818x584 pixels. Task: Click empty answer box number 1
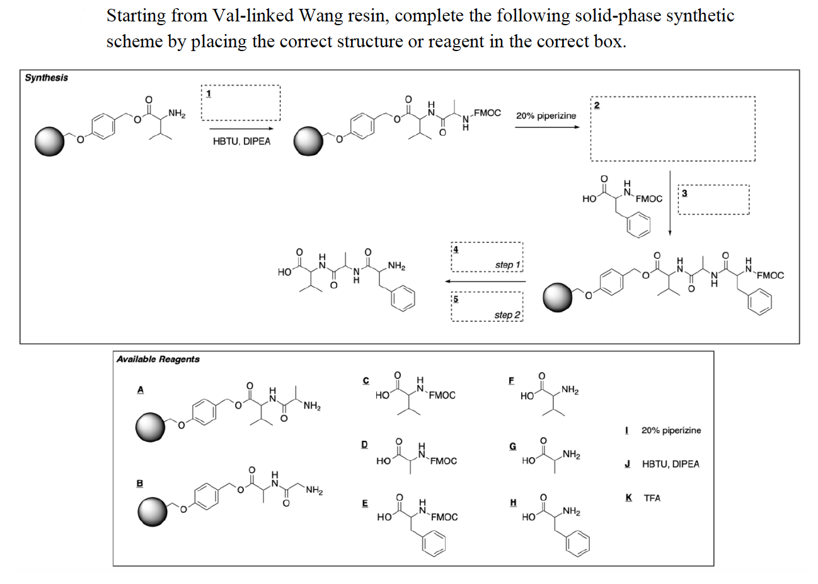click(x=241, y=103)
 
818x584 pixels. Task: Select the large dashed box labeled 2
click(x=672, y=129)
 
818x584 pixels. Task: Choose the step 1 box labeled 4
click(x=487, y=257)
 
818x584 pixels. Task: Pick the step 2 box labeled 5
click(x=487, y=307)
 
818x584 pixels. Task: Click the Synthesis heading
click(x=47, y=78)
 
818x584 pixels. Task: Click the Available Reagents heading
click(x=158, y=359)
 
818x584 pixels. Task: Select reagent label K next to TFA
click(x=629, y=498)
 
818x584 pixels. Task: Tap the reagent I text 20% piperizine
click(x=671, y=430)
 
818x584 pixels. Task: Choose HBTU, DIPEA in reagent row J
click(x=670, y=464)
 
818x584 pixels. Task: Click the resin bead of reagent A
click(x=151, y=427)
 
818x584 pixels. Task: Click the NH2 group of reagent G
click(x=572, y=454)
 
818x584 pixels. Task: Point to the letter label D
click(x=364, y=444)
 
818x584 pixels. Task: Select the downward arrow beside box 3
click(x=670, y=202)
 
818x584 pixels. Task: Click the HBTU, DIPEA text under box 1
click(x=241, y=141)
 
